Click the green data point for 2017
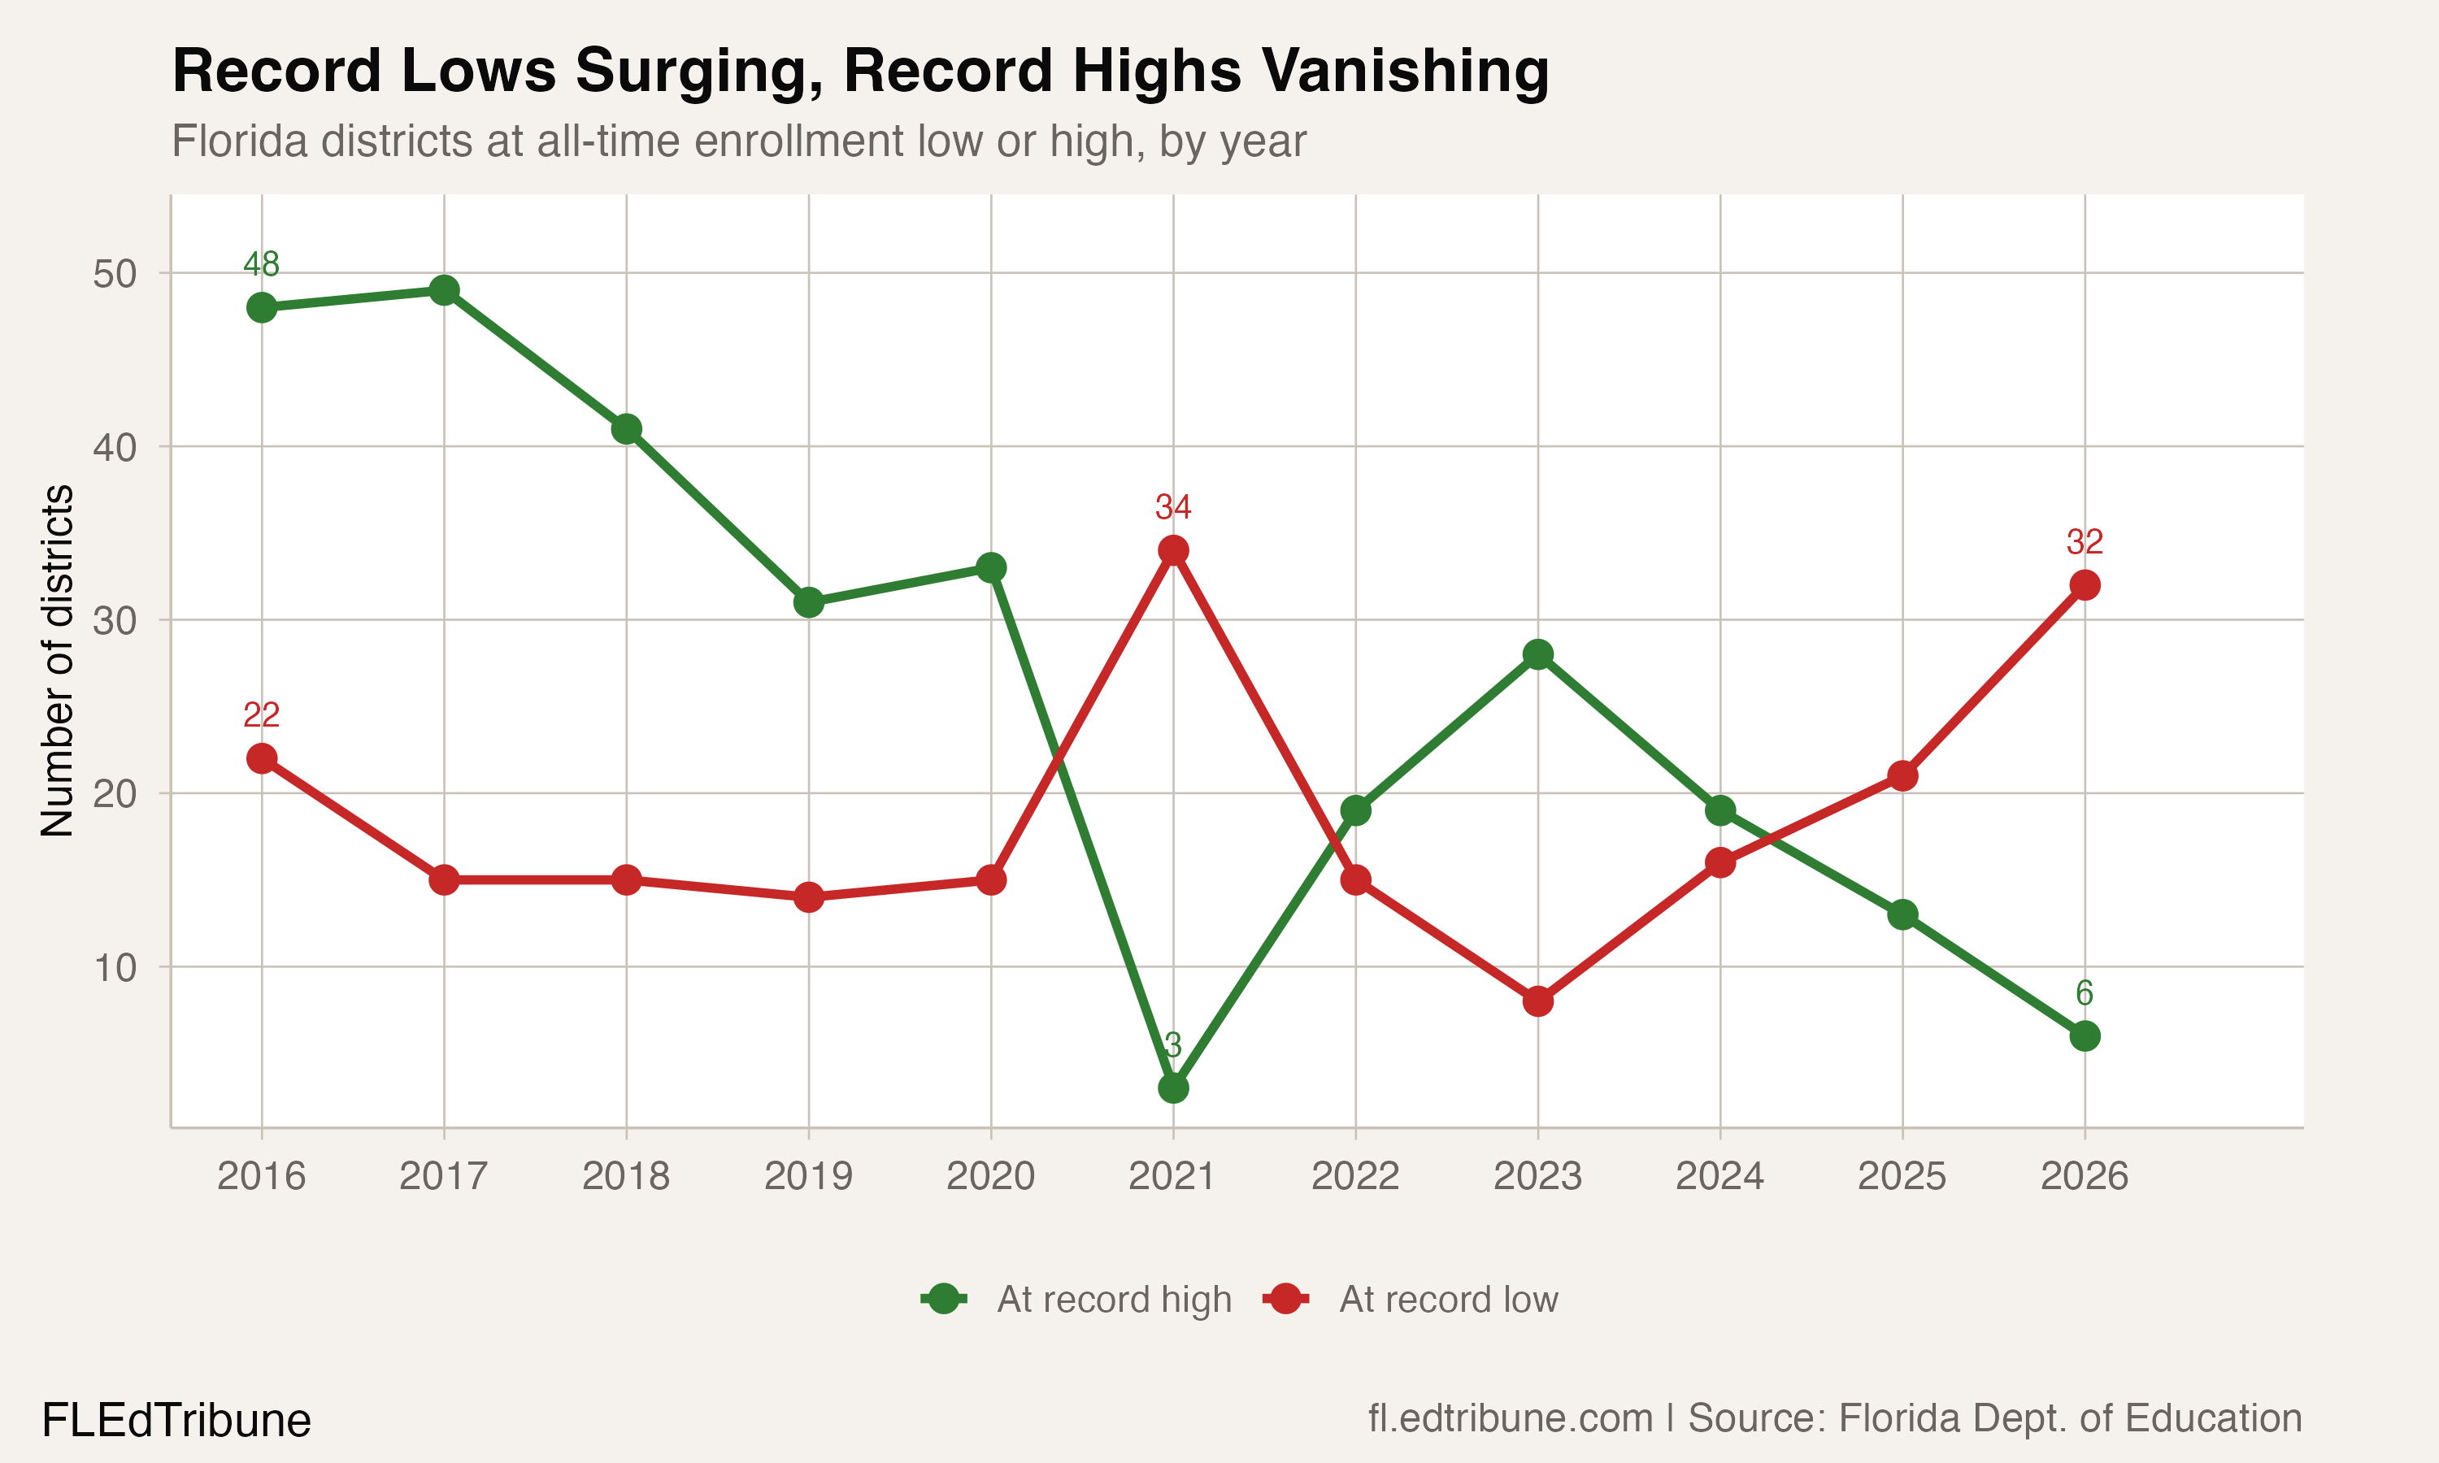coord(444,291)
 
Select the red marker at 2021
coord(1173,550)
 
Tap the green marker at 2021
coord(1173,1088)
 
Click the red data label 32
coord(2084,542)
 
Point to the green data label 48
coord(261,264)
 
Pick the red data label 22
coord(261,714)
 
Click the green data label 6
coord(2084,992)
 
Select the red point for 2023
coord(1538,1001)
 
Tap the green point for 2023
coord(1538,654)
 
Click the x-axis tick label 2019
coord(808,1176)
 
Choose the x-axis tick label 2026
coord(2084,1176)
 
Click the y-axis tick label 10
coord(115,968)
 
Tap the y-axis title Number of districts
coord(57,661)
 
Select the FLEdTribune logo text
coord(176,1421)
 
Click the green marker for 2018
coord(626,429)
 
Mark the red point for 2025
coord(1902,776)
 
